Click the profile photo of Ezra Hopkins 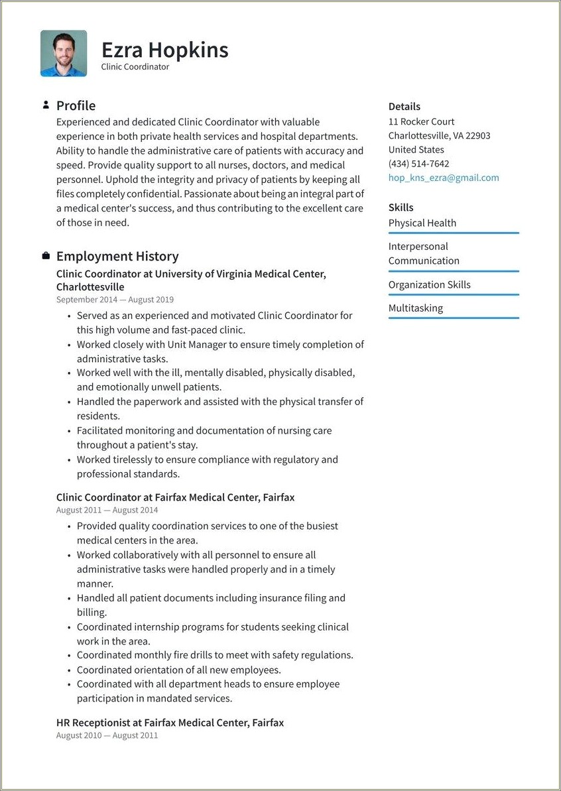64,53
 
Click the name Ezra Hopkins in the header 164,50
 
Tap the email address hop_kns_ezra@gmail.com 444,178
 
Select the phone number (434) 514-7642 418,164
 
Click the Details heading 404,106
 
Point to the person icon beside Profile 46,105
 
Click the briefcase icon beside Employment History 46,256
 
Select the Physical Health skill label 422,223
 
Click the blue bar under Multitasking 454,318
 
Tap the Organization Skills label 429,284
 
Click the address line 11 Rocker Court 421,121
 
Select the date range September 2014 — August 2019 115,300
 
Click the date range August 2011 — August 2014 107,510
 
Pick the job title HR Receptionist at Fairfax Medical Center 170,722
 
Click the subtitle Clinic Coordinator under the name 135,67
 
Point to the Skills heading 401,208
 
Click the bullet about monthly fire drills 215,655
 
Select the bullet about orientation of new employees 179,670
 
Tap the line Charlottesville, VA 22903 439,135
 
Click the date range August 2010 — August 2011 107,735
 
